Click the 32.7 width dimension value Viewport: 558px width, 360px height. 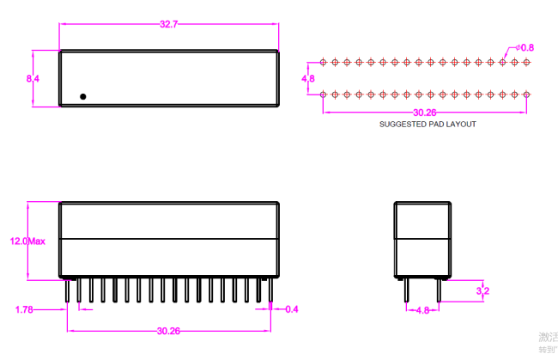[168, 24]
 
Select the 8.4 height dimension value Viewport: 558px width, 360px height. [33, 78]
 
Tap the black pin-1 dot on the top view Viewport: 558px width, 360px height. [82, 96]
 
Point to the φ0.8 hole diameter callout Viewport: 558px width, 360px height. [525, 47]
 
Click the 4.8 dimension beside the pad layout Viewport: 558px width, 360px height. [308, 78]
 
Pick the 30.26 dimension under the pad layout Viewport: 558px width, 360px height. [424, 112]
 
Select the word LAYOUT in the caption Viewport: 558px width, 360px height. [462, 125]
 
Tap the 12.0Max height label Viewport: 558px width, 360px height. [27, 241]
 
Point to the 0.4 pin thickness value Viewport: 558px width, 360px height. [291, 308]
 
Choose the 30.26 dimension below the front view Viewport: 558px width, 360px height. [168, 330]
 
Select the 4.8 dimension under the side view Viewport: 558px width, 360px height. [422, 310]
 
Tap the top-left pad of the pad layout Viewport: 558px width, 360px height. [323, 62]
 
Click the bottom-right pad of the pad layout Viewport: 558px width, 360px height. [525, 94]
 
